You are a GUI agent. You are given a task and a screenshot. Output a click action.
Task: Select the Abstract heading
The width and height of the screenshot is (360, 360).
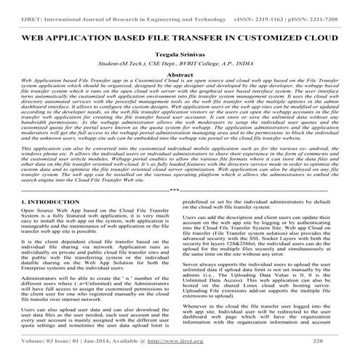click(x=180, y=74)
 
